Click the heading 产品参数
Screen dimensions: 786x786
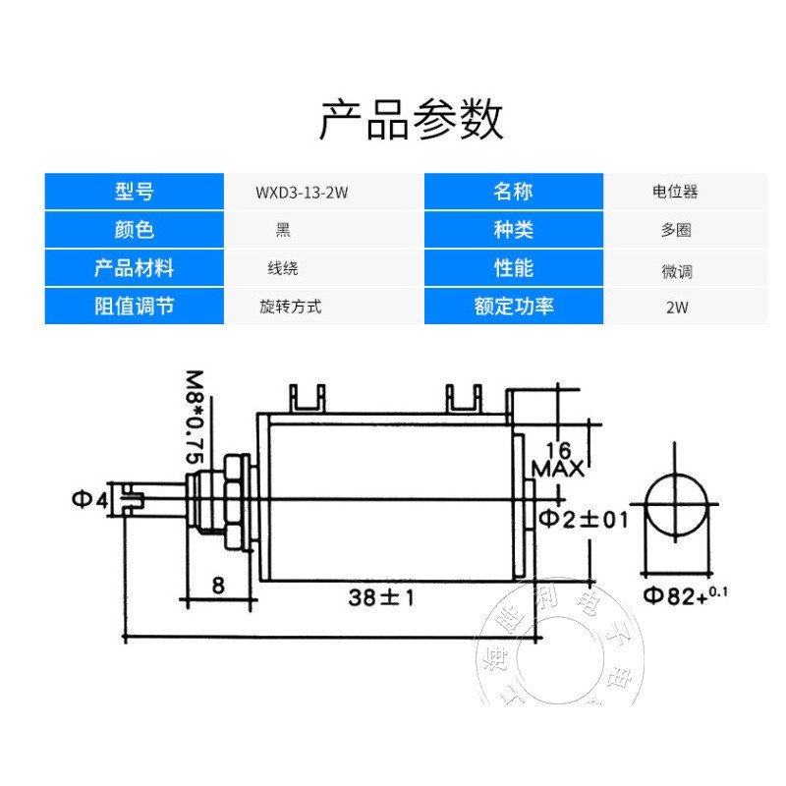click(412, 120)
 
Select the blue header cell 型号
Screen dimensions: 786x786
click(135, 193)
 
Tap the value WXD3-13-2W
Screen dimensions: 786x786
click(302, 194)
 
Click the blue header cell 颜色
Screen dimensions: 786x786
click(135, 231)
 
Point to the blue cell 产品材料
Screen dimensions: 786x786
click(135, 268)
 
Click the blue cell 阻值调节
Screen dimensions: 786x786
click(135, 306)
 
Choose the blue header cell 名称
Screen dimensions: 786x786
click(513, 193)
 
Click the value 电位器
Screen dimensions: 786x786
click(675, 194)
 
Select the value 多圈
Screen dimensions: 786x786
click(676, 231)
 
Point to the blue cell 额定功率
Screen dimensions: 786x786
click(513, 306)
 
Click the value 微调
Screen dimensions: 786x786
click(676, 270)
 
